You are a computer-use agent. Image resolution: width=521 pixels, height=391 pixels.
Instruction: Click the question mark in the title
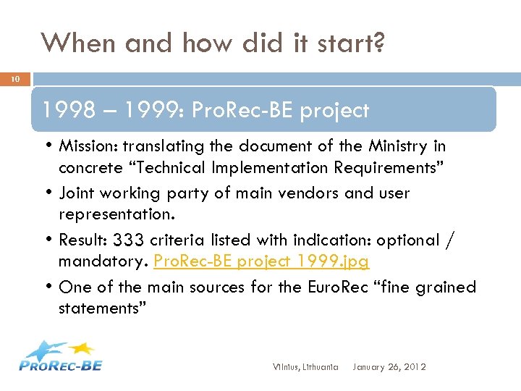[376, 43]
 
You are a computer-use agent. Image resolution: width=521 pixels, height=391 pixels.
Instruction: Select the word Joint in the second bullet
[77, 193]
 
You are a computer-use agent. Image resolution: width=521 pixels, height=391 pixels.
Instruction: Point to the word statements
[102, 309]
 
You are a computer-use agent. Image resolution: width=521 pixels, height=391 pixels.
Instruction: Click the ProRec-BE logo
[61, 356]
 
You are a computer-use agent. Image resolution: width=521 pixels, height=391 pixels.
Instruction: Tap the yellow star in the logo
[85, 348]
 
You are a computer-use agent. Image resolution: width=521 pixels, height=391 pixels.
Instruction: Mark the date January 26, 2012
[389, 367]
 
